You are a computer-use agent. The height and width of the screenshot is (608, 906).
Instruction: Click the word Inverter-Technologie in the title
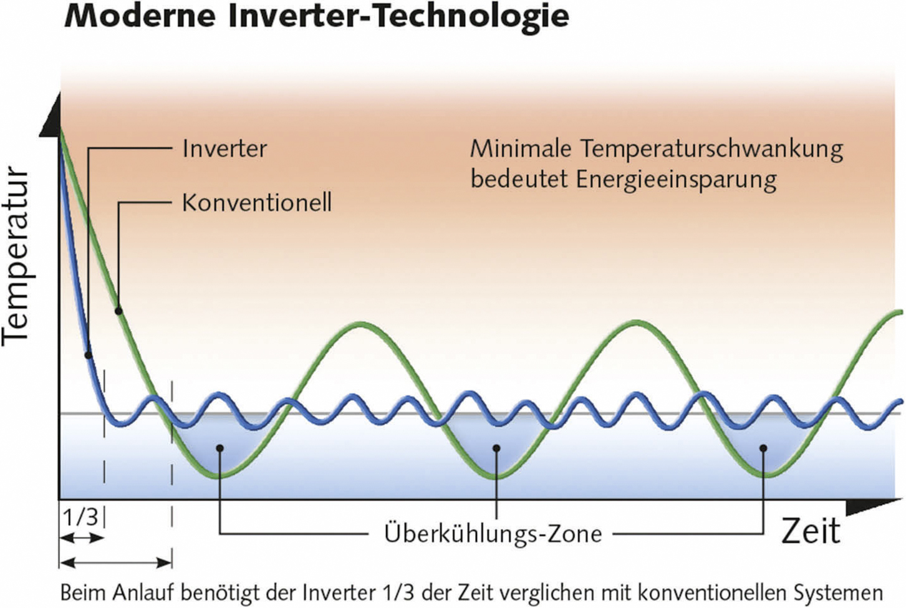click(399, 18)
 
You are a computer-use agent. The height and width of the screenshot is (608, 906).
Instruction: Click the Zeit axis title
click(811, 531)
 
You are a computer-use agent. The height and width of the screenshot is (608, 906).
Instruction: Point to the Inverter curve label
click(224, 148)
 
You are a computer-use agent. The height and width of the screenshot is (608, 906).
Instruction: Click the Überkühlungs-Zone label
click(493, 534)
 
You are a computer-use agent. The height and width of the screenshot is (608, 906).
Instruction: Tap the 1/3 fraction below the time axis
click(81, 516)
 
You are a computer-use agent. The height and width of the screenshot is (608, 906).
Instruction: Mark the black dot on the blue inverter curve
click(88, 355)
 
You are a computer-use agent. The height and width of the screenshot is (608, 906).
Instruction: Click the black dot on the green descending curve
click(118, 311)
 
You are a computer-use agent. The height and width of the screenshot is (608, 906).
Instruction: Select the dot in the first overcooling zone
click(220, 448)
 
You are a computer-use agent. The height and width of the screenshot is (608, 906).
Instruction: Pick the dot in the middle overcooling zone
click(497, 448)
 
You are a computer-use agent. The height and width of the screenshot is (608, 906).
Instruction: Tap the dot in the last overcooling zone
click(764, 448)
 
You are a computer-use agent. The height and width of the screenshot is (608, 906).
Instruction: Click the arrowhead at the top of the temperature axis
click(51, 115)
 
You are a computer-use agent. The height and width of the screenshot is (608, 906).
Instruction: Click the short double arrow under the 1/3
click(82, 538)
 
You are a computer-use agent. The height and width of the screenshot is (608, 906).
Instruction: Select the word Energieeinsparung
click(676, 180)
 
